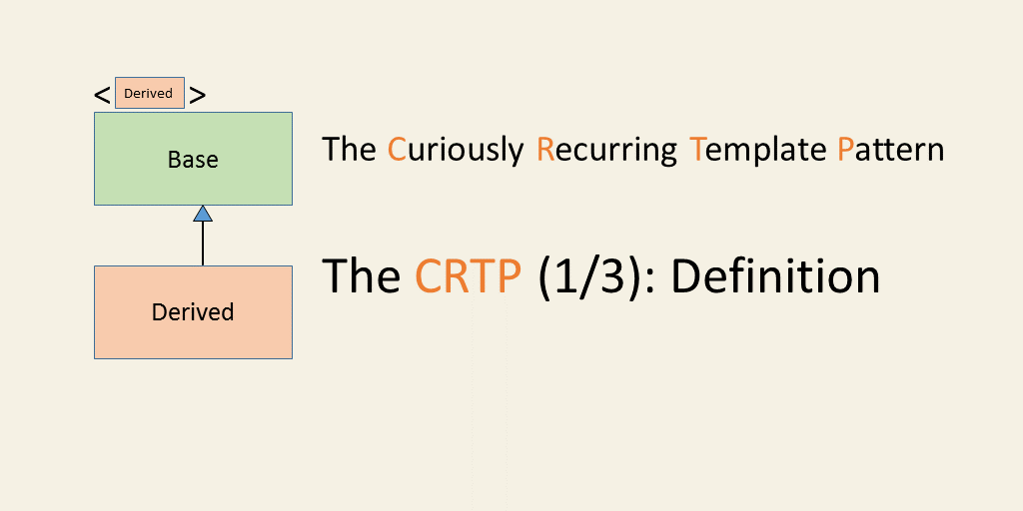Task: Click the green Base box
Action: point(193,159)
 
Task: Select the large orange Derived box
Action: point(193,312)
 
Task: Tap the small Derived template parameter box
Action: point(150,93)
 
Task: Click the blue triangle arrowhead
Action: point(203,214)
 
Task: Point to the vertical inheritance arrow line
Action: point(203,244)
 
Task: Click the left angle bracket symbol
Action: point(102,96)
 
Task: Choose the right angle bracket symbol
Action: point(198,96)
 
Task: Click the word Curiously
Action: point(456,151)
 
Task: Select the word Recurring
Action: point(606,151)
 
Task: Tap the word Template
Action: point(757,151)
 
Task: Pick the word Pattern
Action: point(890,150)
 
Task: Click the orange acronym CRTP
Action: point(468,275)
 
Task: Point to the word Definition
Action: point(775,275)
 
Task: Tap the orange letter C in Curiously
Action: point(397,150)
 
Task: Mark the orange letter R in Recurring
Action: point(545,150)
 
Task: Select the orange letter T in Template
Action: point(697,150)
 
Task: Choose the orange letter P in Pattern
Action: point(845,150)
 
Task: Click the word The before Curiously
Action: point(349,150)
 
